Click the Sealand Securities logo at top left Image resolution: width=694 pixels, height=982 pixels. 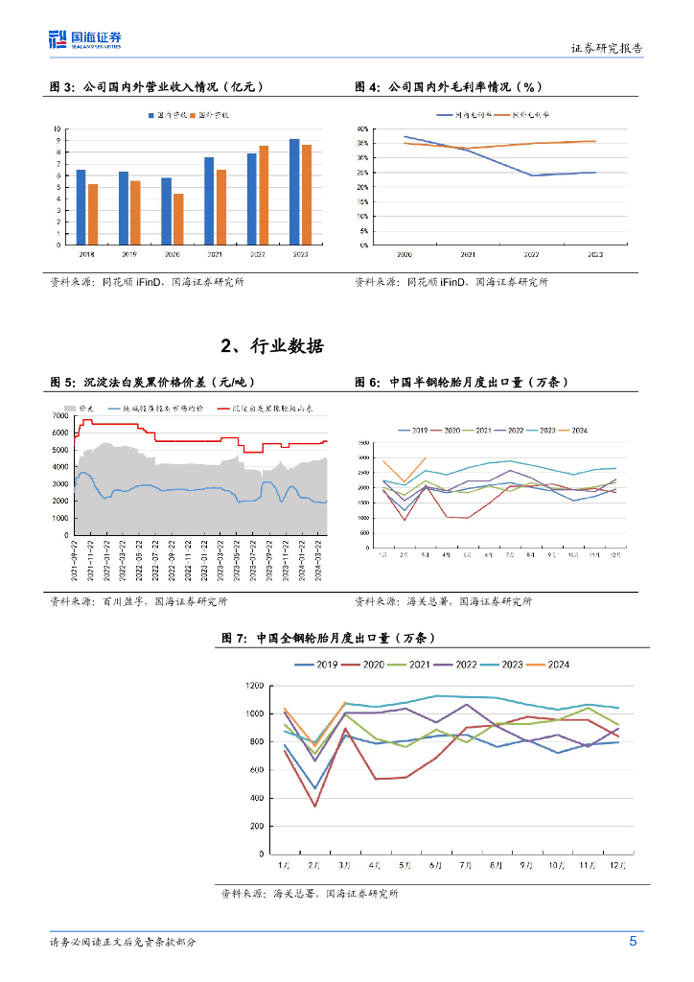85,39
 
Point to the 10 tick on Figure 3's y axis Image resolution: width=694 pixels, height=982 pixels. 58,129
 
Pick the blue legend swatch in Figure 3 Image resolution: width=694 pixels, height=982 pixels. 151,114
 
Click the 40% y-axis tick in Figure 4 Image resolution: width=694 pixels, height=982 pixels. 363,129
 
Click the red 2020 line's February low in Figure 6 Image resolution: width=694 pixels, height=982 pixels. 405,520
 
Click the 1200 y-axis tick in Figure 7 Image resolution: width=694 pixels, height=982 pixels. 253,686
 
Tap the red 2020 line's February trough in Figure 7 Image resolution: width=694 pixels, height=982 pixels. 314,806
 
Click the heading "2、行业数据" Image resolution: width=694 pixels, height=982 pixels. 272,346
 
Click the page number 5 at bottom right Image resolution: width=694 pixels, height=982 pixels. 633,942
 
